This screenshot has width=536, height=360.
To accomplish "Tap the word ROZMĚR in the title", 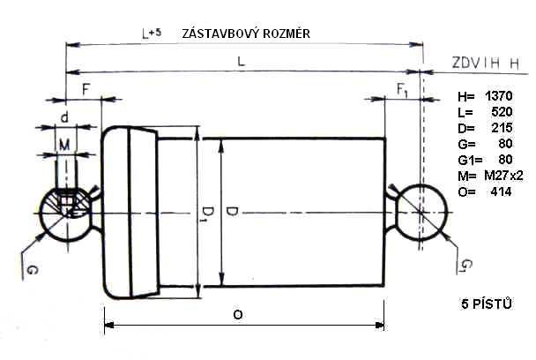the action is click(x=287, y=34).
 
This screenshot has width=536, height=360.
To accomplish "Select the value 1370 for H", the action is click(x=498, y=96).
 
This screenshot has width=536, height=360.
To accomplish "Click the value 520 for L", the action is click(x=502, y=112).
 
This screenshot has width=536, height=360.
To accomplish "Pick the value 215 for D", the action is click(x=502, y=128).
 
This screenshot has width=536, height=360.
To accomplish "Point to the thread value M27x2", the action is click(x=503, y=176).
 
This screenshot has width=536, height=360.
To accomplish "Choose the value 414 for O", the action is click(x=501, y=191).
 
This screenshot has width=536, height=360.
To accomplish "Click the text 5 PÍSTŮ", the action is click(x=487, y=304).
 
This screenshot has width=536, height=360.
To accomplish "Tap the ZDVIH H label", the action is click(x=486, y=64).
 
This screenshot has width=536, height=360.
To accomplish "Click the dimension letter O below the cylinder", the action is click(x=238, y=314).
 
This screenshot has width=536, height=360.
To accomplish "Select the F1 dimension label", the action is click(x=402, y=90).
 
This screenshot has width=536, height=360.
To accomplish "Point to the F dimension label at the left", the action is click(x=86, y=89).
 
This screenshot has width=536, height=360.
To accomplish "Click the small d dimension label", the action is click(x=64, y=117).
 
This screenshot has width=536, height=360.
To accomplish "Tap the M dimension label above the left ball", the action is click(x=64, y=145).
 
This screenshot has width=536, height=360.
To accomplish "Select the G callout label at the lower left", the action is click(x=33, y=270).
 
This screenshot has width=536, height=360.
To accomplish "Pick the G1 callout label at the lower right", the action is click(x=467, y=266).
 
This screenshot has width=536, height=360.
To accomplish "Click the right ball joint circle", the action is click(x=447, y=213).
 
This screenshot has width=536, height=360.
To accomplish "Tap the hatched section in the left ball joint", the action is click(x=70, y=203).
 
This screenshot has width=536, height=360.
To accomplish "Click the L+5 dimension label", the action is click(x=152, y=34).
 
